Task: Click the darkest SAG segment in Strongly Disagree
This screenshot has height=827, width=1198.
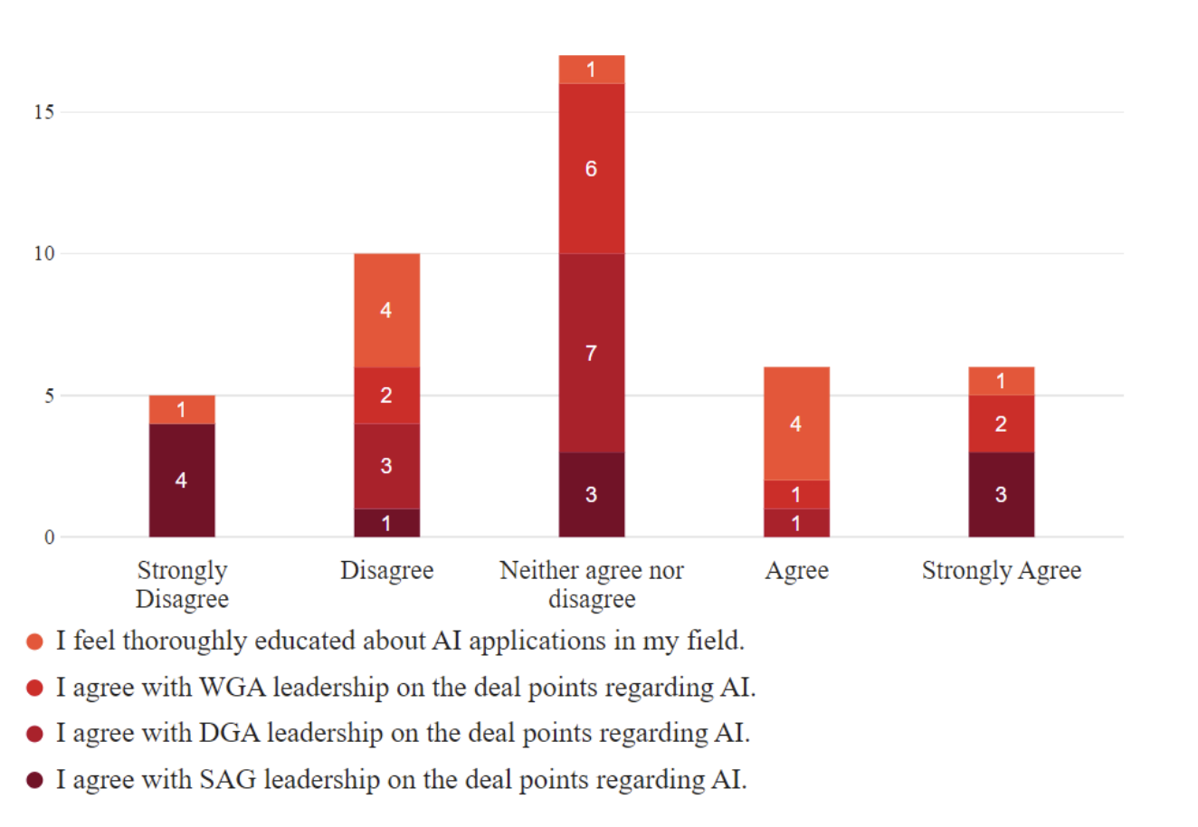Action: [x=182, y=480]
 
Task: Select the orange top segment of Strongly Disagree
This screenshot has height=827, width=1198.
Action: [x=182, y=410]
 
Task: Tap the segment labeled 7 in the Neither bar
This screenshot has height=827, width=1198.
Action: [x=591, y=353]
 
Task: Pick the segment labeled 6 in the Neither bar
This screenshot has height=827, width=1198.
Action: [x=591, y=168]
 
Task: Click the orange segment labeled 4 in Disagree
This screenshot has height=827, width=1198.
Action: [x=386, y=310]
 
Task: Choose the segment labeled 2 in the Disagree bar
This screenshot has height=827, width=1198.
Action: [x=386, y=395]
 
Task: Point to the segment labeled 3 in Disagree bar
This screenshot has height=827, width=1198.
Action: [x=386, y=466]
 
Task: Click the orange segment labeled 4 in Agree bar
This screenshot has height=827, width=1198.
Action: [x=796, y=423]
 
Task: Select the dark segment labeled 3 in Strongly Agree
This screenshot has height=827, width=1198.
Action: [x=1001, y=494]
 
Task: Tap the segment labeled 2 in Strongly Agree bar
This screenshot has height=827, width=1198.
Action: [x=1001, y=423]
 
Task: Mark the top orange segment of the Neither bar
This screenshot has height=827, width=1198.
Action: [x=591, y=70]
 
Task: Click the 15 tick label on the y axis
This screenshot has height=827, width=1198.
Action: [x=43, y=112]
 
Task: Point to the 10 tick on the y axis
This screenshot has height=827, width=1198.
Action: [x=43, y=254]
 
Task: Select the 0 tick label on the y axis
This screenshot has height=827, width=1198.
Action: [x=49, y=537]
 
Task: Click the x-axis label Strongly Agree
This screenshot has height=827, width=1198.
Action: [x=1001, y=571]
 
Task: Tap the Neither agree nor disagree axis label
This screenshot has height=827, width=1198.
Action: [x=592, y=585]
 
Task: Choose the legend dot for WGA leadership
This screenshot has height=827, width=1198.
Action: [x=35, y=689]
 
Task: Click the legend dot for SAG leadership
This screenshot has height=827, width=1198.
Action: [x=35, y=780]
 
